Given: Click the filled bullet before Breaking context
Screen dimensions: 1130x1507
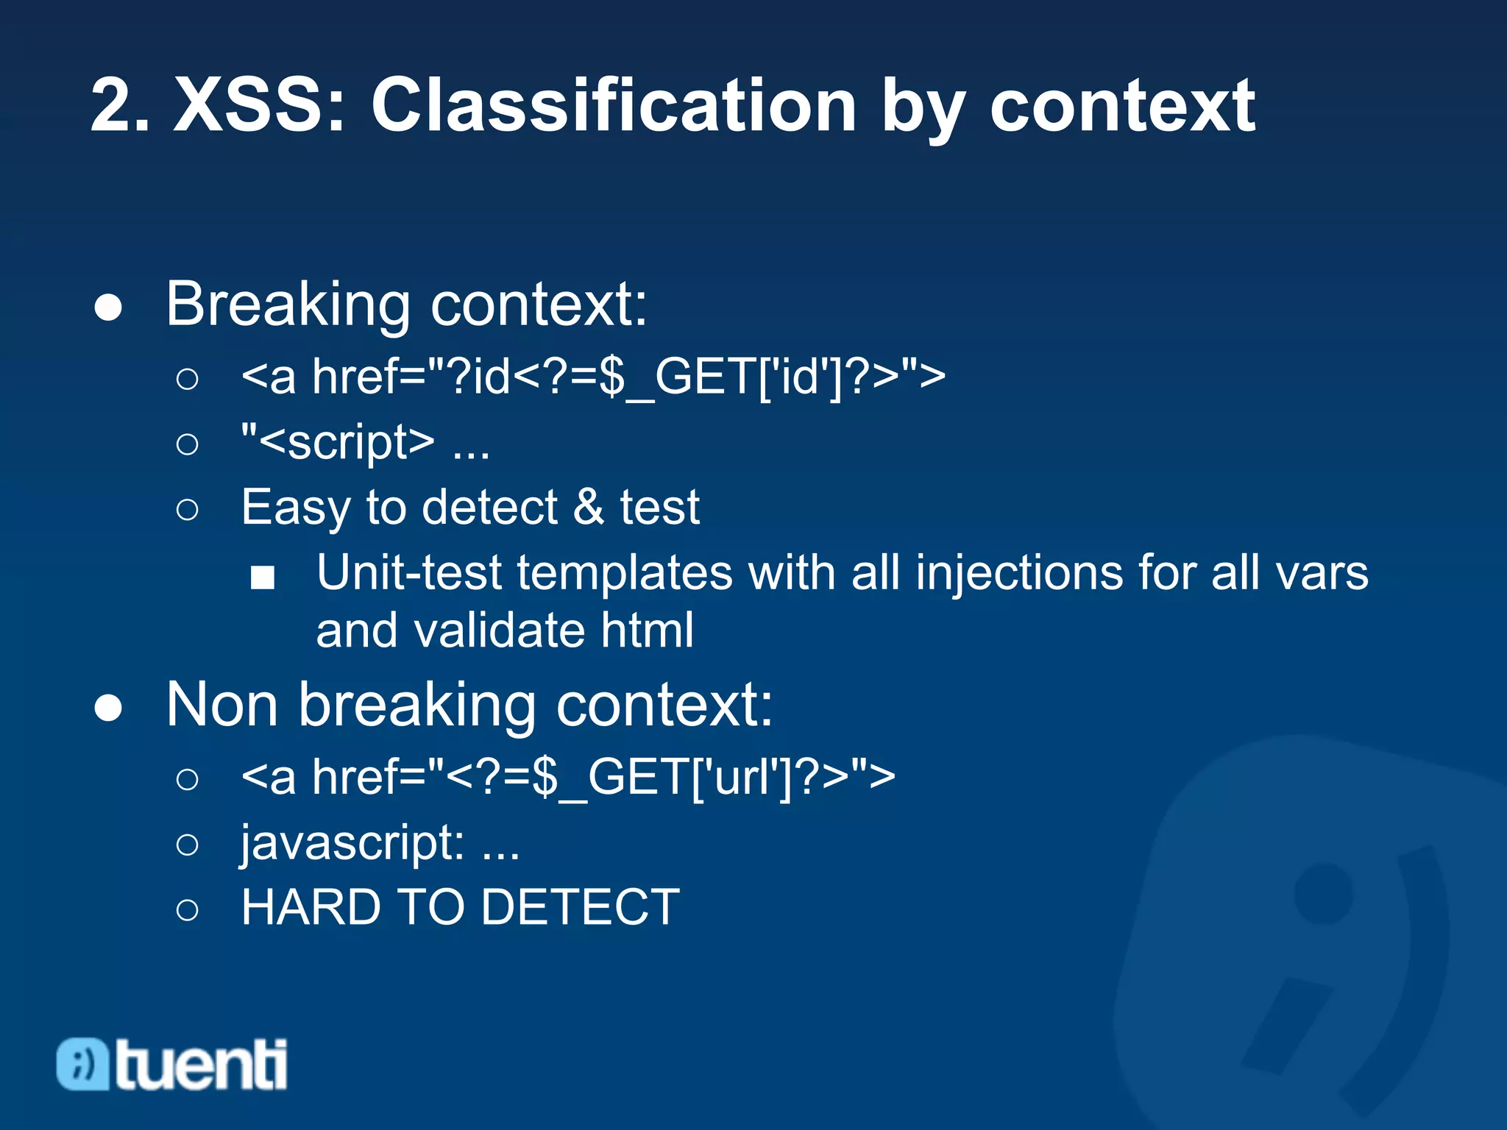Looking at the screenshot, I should (108, 308).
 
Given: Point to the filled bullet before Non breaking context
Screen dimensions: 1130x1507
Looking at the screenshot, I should (108, 708).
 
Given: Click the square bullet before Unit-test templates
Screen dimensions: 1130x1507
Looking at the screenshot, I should (263, 578).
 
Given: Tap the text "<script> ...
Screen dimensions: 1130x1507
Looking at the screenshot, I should (338, 442).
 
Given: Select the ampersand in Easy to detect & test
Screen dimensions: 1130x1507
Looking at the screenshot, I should (588, 507).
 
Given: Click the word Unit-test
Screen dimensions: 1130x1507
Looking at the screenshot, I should (408, 572).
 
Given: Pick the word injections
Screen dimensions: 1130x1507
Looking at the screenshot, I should (1018, 572).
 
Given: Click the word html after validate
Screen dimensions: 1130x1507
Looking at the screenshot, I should (647, 630).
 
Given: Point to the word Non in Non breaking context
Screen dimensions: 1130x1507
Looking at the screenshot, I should (221, 705).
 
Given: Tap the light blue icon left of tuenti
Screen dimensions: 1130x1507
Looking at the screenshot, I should (83, 1064).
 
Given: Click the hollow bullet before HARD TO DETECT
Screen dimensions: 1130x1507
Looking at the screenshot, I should (188, 909).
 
